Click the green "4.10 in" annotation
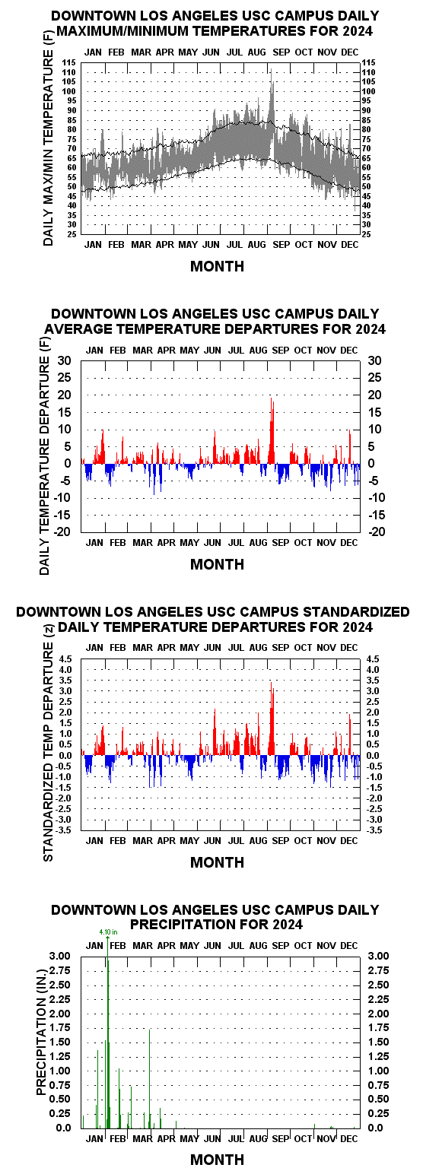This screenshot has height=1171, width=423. pyautogui.click(x=108, y=931)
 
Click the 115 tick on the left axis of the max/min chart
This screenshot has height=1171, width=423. pyautogui.click(x=70, y=62)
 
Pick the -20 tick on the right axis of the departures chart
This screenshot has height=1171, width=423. pyautogui.click(x=377, y=532)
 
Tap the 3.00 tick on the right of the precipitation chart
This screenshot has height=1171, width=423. pyautogui.click(x=379, y=956)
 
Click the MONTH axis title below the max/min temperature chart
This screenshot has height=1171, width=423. pyautogui.click(x=217, y=266)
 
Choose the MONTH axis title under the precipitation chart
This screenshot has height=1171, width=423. pyautogui.click(x=217, y=1160)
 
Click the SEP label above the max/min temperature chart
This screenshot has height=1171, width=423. pyautogui.click(x=281, y=52)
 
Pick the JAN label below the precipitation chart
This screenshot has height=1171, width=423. pyautogui.click(x=94, y=1138)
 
